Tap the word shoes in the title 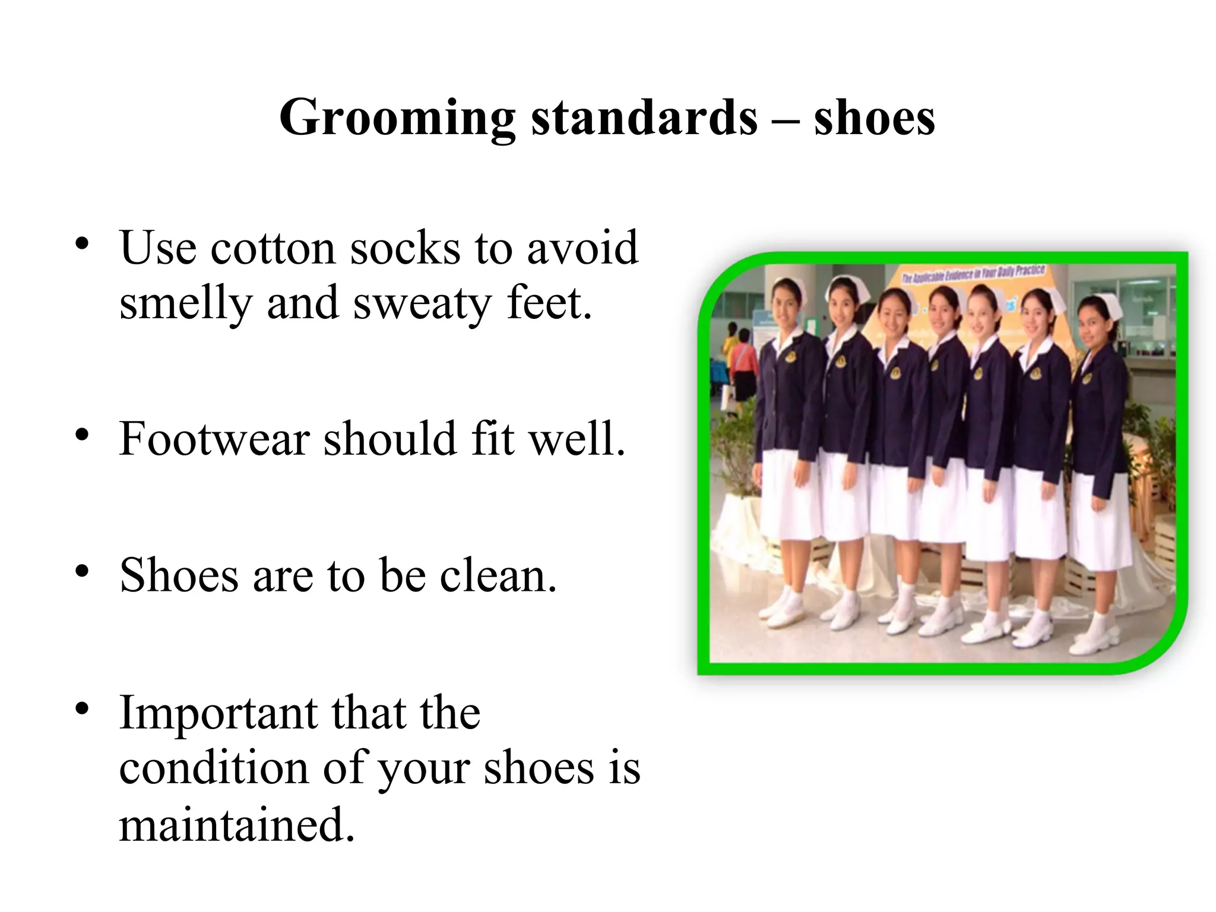click(x=874, y=118)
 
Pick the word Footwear click(x=214, y=439)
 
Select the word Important click(x=217, y=712)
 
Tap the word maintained click(x=236, y=825)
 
